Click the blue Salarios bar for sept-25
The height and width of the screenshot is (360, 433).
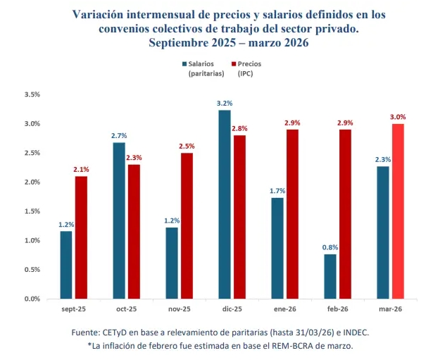pyautogui.click(x=65, y=265)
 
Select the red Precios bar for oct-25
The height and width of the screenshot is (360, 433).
pyautogui.click(x=134, y=232)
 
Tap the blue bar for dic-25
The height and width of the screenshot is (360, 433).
pyautogui.click(x=224, y=204)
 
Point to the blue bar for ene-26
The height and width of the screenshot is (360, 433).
pyautogui.click(x=278, y=248)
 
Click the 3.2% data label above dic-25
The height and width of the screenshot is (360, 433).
pyautogui.click(x=224, y=104)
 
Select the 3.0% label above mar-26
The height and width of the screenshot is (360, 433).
pyautogui.click(x=398, y=117)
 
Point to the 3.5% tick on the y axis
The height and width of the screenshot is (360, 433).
pyautogui.click(x=32, y=94)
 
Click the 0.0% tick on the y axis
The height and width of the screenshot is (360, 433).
pyautogui.click(x=32, y=299)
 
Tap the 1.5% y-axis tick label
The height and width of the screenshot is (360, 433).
pyautogui.click(x=32, y=211)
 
